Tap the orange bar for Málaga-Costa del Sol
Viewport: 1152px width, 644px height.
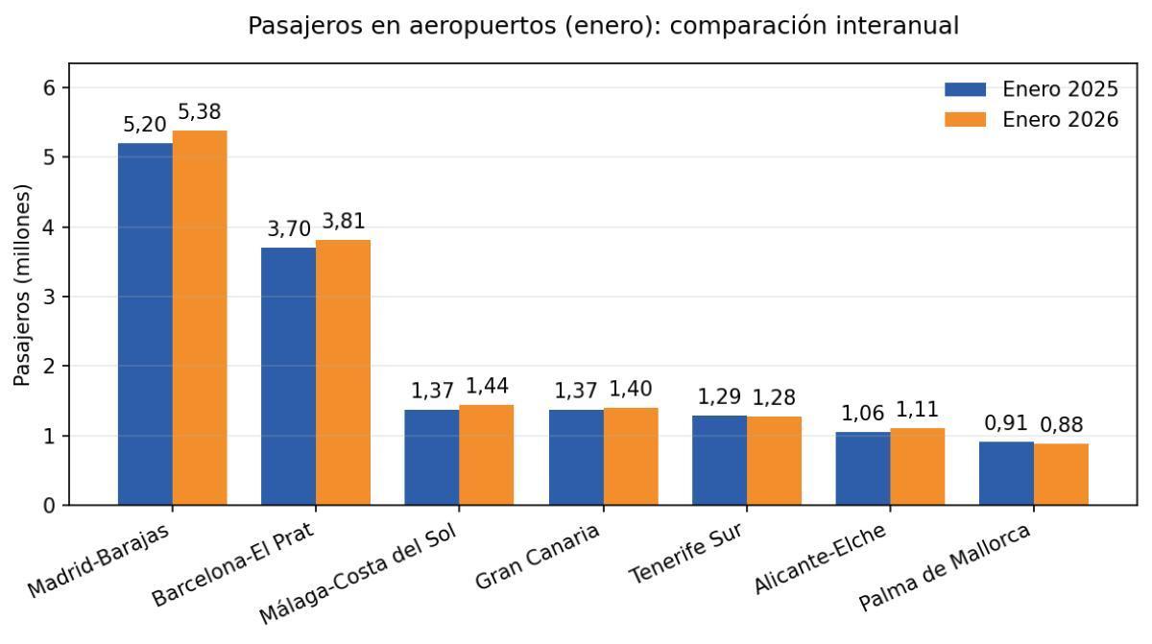click(487, 455)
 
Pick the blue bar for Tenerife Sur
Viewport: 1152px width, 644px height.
click(719, 461)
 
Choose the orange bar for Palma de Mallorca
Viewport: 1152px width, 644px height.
click(1061, 474)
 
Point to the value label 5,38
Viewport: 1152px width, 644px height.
click(200, 113)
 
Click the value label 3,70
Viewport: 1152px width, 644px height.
click(288, 229)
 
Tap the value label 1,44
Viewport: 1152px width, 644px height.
click(487, 387)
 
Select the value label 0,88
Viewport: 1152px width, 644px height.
click(1061, 425)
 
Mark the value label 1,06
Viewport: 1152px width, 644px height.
click(862, 414)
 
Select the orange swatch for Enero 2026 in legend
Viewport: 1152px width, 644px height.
click(965, 120)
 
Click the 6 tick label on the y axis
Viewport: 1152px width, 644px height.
click(51, 88)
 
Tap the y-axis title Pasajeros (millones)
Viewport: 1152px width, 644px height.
click(22, 285)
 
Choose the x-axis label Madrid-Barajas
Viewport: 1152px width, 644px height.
click(99, 561)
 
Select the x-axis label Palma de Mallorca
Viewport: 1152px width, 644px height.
click(945, 567)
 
